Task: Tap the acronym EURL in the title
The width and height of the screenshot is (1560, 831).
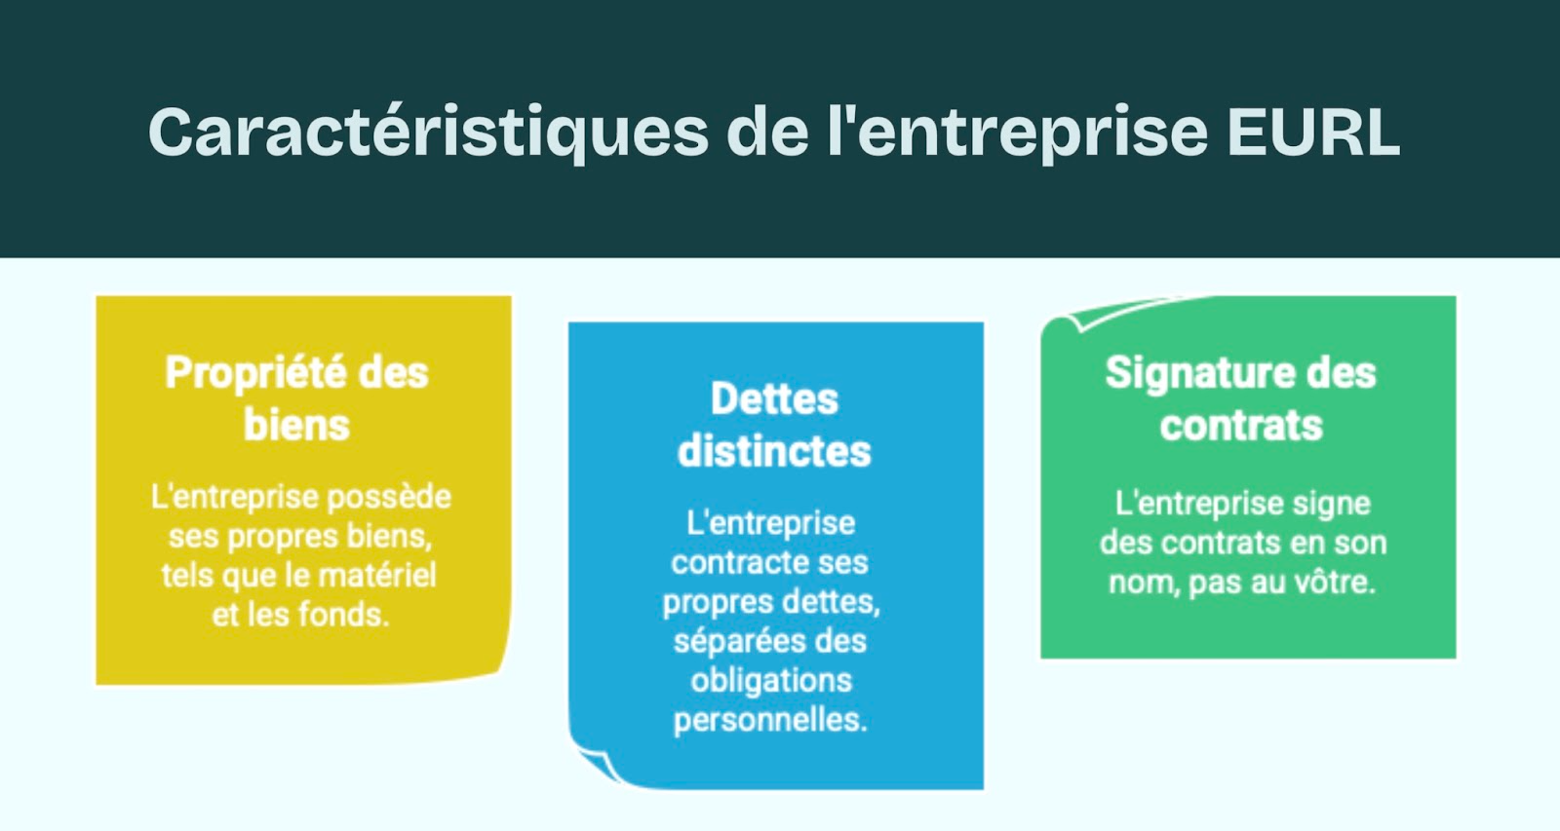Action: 1312,132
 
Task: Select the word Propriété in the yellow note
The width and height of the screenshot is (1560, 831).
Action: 255,373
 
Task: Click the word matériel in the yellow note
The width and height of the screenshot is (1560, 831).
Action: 377,576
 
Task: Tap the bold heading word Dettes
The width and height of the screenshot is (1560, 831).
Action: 774,399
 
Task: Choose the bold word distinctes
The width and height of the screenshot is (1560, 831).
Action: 774,452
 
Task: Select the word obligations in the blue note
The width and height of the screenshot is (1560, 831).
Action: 771,680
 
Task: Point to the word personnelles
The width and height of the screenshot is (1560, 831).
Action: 770,720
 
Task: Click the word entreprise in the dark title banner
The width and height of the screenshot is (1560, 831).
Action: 1033,132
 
